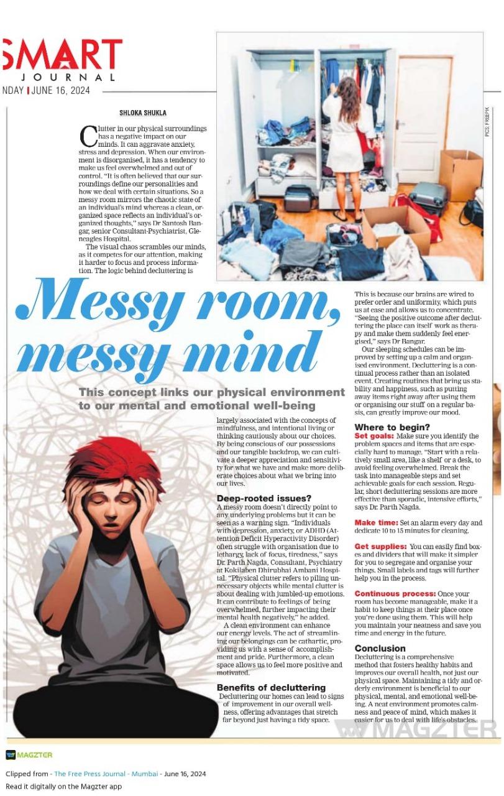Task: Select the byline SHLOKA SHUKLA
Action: [x=143, y=113]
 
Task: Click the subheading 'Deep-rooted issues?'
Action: [x=263, y=498]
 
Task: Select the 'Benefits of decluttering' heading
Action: [x=271, y=687]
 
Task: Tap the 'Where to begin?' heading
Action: [x=392, y=427]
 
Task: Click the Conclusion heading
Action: [x=380, y=648]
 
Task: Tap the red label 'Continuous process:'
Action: [x=395, y=594]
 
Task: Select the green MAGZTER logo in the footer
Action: [x=29, y=755]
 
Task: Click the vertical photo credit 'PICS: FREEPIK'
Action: [x=488, y=121]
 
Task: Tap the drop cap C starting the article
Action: [x=88, y=134]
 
